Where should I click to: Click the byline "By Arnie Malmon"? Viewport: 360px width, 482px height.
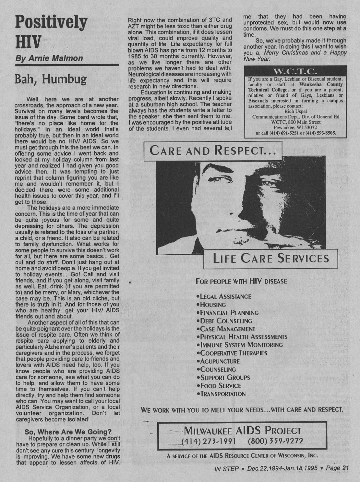(x=49, y=58)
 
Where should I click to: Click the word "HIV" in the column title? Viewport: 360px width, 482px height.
(x=28, y=42)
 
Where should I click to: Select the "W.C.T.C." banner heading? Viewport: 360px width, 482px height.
(x=295, y=71)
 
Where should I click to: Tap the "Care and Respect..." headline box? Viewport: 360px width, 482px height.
(x=213, y=151)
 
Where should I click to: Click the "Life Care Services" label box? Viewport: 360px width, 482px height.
(x=270, y=259)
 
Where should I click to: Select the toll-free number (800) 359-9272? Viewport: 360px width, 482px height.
(x=275, y=441)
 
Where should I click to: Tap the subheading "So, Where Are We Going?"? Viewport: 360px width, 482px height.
(x=68, y=432)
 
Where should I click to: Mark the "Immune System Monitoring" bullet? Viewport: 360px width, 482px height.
(x=241, y=345)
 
